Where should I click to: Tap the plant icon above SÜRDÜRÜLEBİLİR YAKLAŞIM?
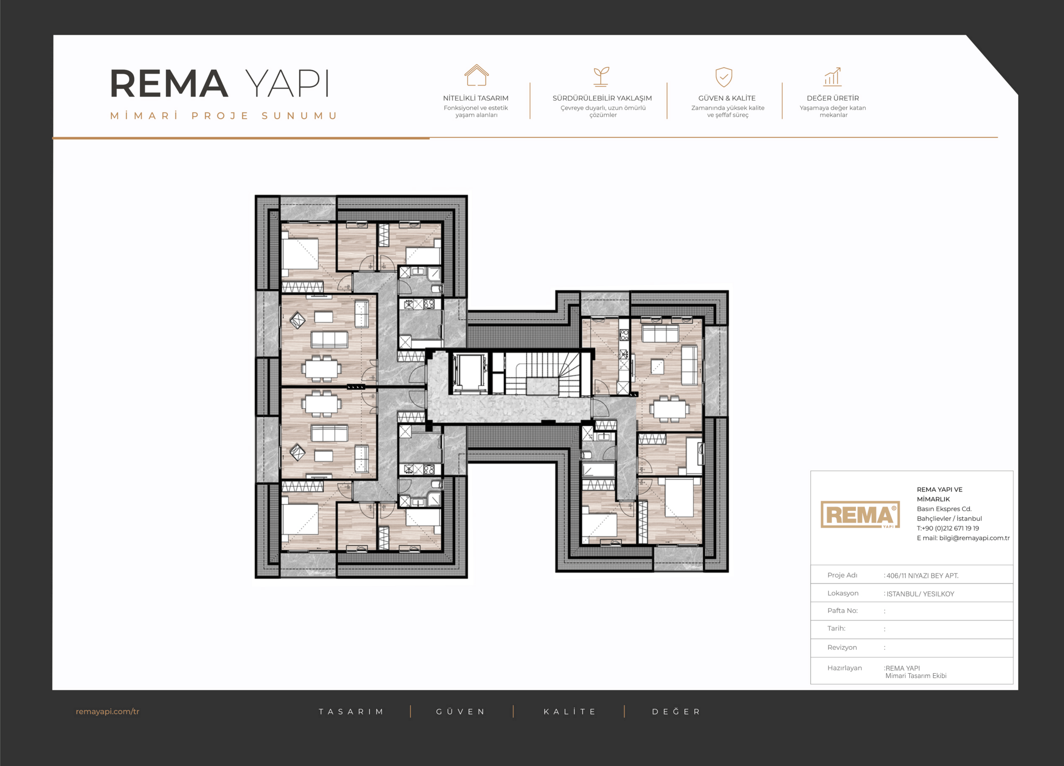[x=601, y=77]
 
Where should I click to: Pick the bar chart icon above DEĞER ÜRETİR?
[x=832, y=77]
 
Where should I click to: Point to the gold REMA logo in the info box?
[x=860, y=515]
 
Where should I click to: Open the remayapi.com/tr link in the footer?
[x=108, y=712]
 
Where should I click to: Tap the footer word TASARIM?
[x=351, y=712]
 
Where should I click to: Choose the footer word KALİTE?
[x=570, y=712]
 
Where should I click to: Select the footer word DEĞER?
[x=676, y=712]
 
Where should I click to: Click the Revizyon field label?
[x=842, y=647]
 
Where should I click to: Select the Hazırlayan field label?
[x=844, y=668]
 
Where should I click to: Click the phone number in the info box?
[x=948, y=528]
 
